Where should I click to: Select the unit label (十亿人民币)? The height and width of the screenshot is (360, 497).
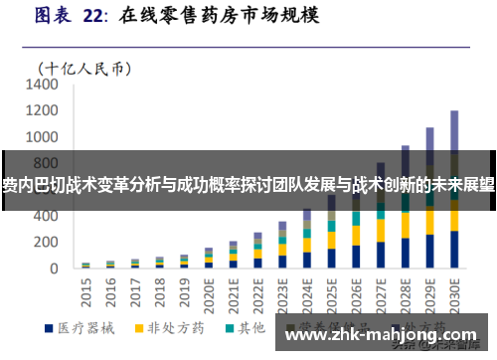85,68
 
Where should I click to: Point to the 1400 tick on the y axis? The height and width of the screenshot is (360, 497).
43,86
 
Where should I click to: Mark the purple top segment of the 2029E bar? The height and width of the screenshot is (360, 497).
430,139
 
